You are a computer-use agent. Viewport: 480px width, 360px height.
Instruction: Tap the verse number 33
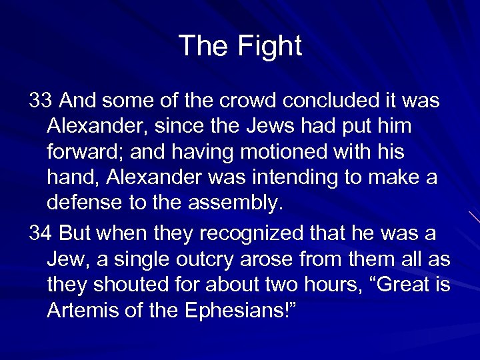click(41, 101)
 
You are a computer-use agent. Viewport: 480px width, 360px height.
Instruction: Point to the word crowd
click(248, 101)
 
